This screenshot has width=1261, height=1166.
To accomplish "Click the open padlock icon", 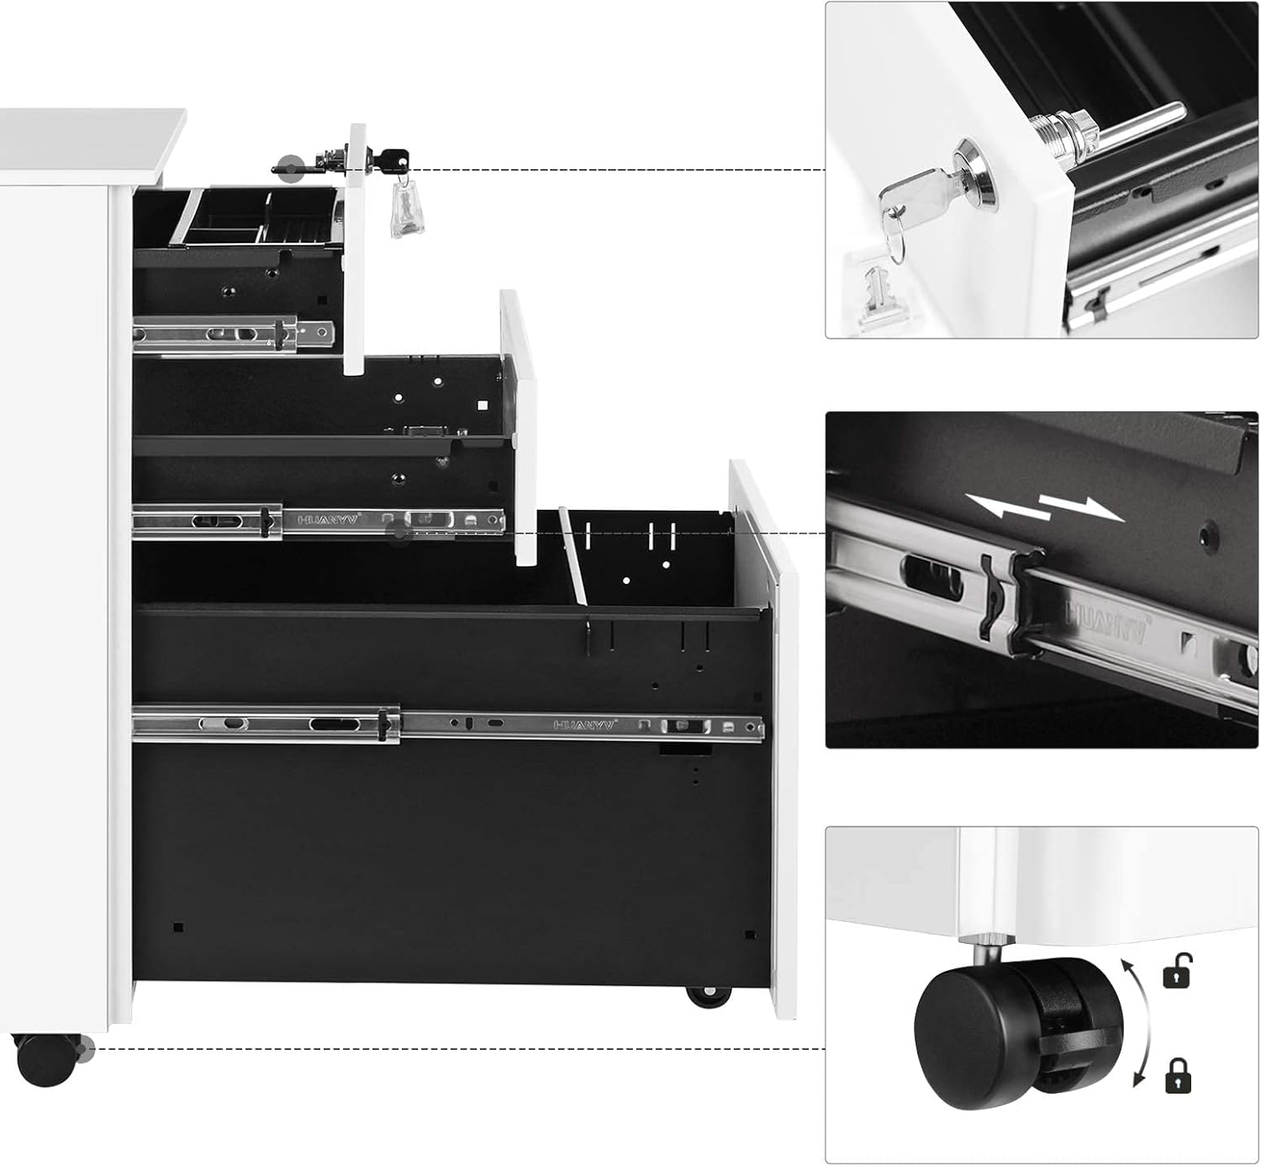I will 1178,971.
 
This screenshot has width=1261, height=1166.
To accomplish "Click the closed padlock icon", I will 1178,1075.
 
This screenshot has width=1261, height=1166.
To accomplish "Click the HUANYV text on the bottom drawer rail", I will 585,723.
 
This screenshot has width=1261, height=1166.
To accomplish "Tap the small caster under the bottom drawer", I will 709,997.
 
